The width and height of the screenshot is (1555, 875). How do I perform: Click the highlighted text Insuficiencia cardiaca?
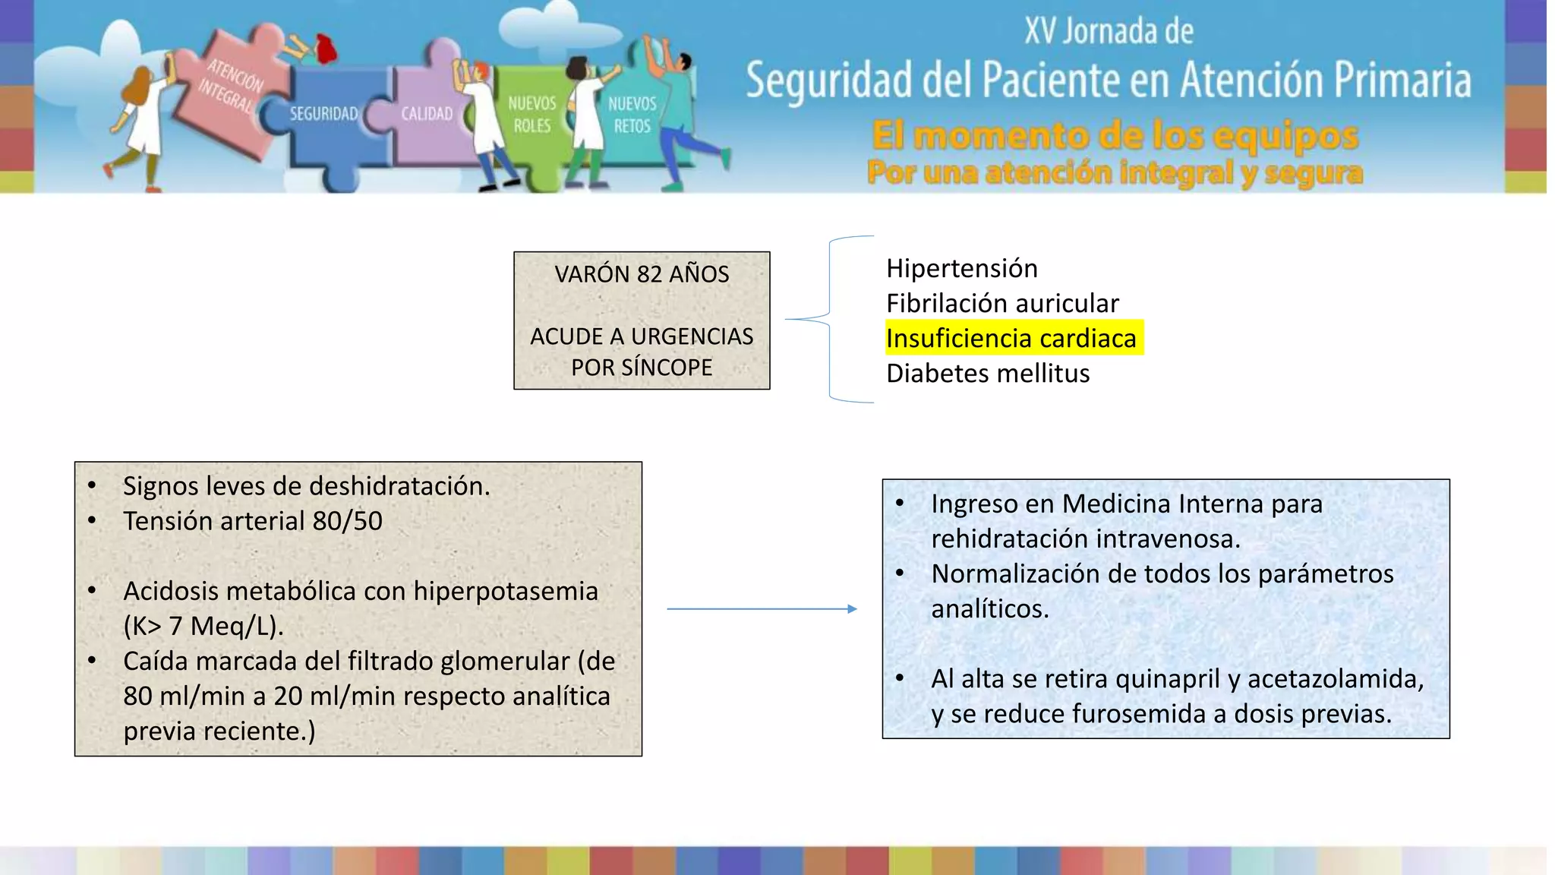[1011, 339]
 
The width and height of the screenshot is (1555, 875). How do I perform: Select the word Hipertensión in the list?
[961, 269]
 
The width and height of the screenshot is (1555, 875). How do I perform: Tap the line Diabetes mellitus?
[987, 374]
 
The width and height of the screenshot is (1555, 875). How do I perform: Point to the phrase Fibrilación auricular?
[1001, 304]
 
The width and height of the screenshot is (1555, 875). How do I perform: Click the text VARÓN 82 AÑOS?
[642, 274]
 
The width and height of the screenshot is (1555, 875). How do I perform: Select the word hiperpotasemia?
[506, 591]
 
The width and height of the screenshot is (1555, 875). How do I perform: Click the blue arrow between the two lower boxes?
[762, 608]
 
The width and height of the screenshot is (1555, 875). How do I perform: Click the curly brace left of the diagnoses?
[830, 319]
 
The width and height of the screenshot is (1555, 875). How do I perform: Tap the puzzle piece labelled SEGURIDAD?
[324, 115]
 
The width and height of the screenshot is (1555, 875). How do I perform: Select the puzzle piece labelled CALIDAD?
[427, 115]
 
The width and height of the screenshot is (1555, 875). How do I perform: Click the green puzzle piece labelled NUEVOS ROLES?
[531, 115]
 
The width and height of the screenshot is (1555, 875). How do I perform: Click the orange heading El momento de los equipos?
[1115, 137]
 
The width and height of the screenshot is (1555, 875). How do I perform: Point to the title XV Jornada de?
[1109, 31]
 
